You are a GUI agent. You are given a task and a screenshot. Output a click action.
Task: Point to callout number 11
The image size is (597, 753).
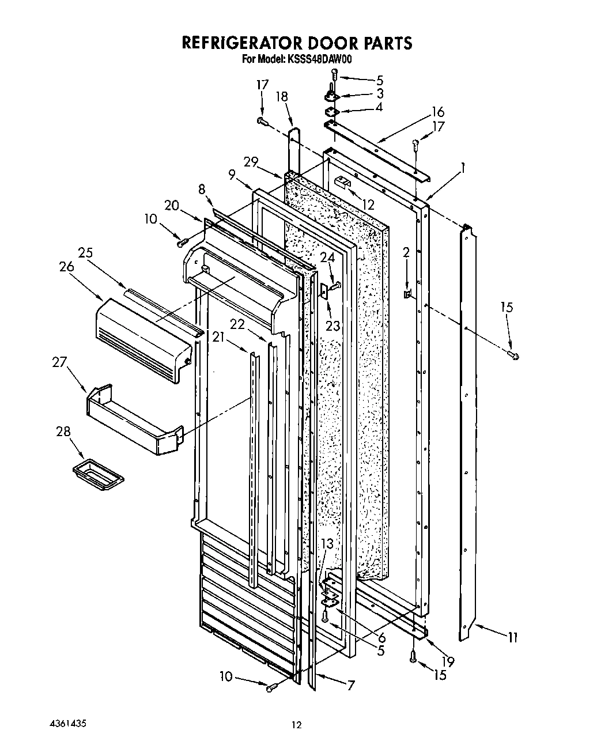click(x=512, y=638)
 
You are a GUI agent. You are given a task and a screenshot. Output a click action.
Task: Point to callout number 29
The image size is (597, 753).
click(x=250, y=163)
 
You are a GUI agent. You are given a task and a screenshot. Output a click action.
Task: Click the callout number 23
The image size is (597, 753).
click(x=332, y=326)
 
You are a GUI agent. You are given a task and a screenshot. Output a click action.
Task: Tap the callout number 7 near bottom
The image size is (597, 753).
click(x=350, y=686)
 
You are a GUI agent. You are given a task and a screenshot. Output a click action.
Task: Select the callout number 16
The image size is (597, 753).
click(x=438, y=112)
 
